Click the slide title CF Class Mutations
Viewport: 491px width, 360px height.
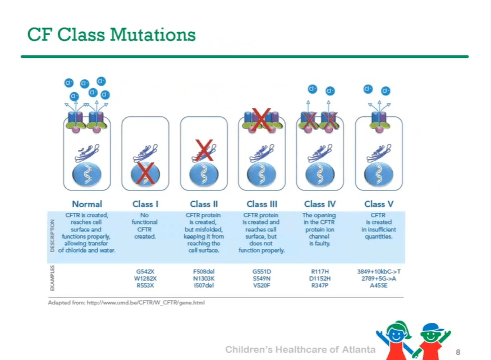tap(111, 35)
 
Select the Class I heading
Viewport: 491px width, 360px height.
tap(145, 204)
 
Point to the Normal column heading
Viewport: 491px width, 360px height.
tap(87, 204)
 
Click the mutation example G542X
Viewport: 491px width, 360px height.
tap(145, 271)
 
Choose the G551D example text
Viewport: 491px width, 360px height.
tap(262, 271)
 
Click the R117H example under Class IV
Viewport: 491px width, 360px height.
tap(320, 271)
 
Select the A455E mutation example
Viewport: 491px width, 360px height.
tap(379, 285)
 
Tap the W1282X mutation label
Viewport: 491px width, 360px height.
tap(145, 278)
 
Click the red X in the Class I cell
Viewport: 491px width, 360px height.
tap(146, 174)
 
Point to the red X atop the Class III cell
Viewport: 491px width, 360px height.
tap(261, 119)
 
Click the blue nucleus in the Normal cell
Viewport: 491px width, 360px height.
tap(87, 175)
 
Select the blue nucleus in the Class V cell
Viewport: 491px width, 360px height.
tap(379, 175)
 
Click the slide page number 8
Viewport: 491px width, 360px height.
tap(458, 352)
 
